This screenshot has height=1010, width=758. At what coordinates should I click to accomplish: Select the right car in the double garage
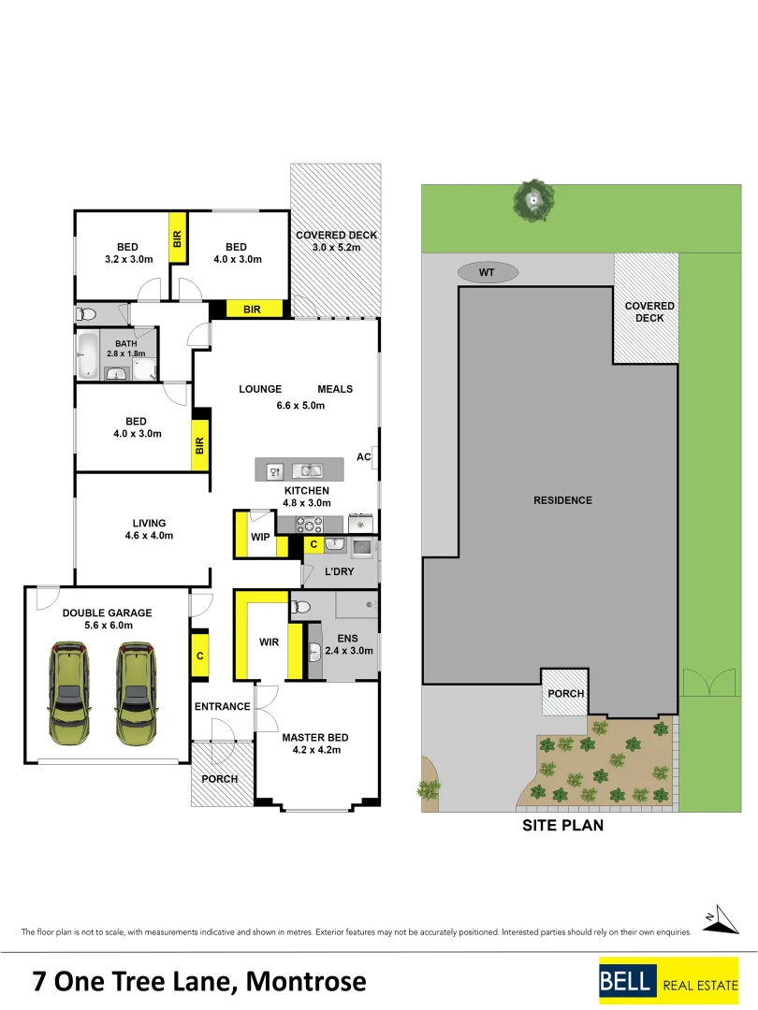pos(134,692)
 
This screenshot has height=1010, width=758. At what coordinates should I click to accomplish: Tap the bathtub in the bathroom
pos(87,355)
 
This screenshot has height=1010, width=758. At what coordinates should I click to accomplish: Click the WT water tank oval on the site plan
pos(486,272)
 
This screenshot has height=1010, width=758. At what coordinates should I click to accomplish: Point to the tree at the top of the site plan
pos(534,199)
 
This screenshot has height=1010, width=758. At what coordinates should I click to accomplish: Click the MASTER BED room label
pos(315,738)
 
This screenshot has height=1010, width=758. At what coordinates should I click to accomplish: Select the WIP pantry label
pos(260,537)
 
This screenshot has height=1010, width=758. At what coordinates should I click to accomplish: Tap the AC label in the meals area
pos(364,457)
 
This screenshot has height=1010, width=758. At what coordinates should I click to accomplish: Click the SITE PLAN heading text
pos(561,825)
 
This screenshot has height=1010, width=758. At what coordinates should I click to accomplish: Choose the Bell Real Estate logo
pos(668,981)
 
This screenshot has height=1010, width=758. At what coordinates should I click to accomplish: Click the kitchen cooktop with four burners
pos(310,524)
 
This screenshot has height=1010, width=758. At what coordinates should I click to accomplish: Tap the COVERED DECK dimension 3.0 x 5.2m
pos(336,248)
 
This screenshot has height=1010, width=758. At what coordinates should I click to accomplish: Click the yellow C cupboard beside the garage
pos(199,656)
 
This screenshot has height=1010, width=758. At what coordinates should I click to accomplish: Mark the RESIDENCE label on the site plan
pos(562,500)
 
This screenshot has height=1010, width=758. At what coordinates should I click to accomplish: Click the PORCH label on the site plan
pos(565,694)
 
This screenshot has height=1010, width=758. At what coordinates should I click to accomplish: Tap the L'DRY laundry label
pos(339,571)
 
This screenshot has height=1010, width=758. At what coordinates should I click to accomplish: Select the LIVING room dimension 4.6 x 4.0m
pos(149,536)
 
